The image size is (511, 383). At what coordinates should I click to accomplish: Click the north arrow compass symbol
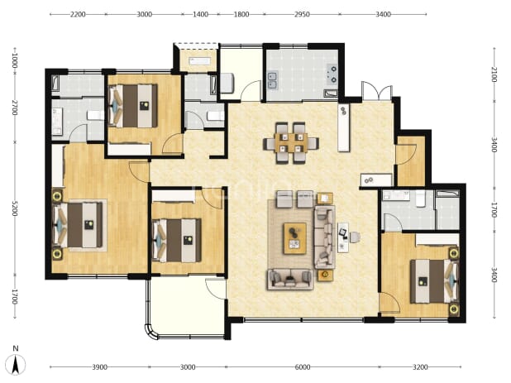(16, 365)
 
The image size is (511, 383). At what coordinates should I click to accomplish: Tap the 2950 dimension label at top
(302, 14)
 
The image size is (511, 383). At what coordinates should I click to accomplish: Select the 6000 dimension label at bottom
(303, 367)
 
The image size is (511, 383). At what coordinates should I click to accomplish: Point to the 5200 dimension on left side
(14, 208)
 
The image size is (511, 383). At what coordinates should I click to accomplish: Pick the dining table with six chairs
(291, 143)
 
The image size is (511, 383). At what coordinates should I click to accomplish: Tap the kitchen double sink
(272, 80)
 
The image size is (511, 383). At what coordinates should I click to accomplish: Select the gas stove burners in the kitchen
(333, 74)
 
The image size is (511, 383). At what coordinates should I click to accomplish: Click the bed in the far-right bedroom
(434, 281)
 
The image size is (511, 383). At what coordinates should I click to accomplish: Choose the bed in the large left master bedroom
(79, 225)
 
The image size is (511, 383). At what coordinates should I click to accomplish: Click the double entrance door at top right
(377, 91)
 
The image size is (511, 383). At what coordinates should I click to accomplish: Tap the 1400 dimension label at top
(200, 14)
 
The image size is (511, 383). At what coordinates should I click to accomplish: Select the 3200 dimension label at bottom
(420, 367)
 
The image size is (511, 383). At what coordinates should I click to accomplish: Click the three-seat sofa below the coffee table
(290, 279)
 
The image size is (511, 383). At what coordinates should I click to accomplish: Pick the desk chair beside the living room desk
(356, 237)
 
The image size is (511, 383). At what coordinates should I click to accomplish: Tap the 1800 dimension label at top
(241, 14)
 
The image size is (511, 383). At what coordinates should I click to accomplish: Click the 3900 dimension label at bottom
(99, 367)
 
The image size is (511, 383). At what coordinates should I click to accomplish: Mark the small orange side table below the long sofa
(325, 275)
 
